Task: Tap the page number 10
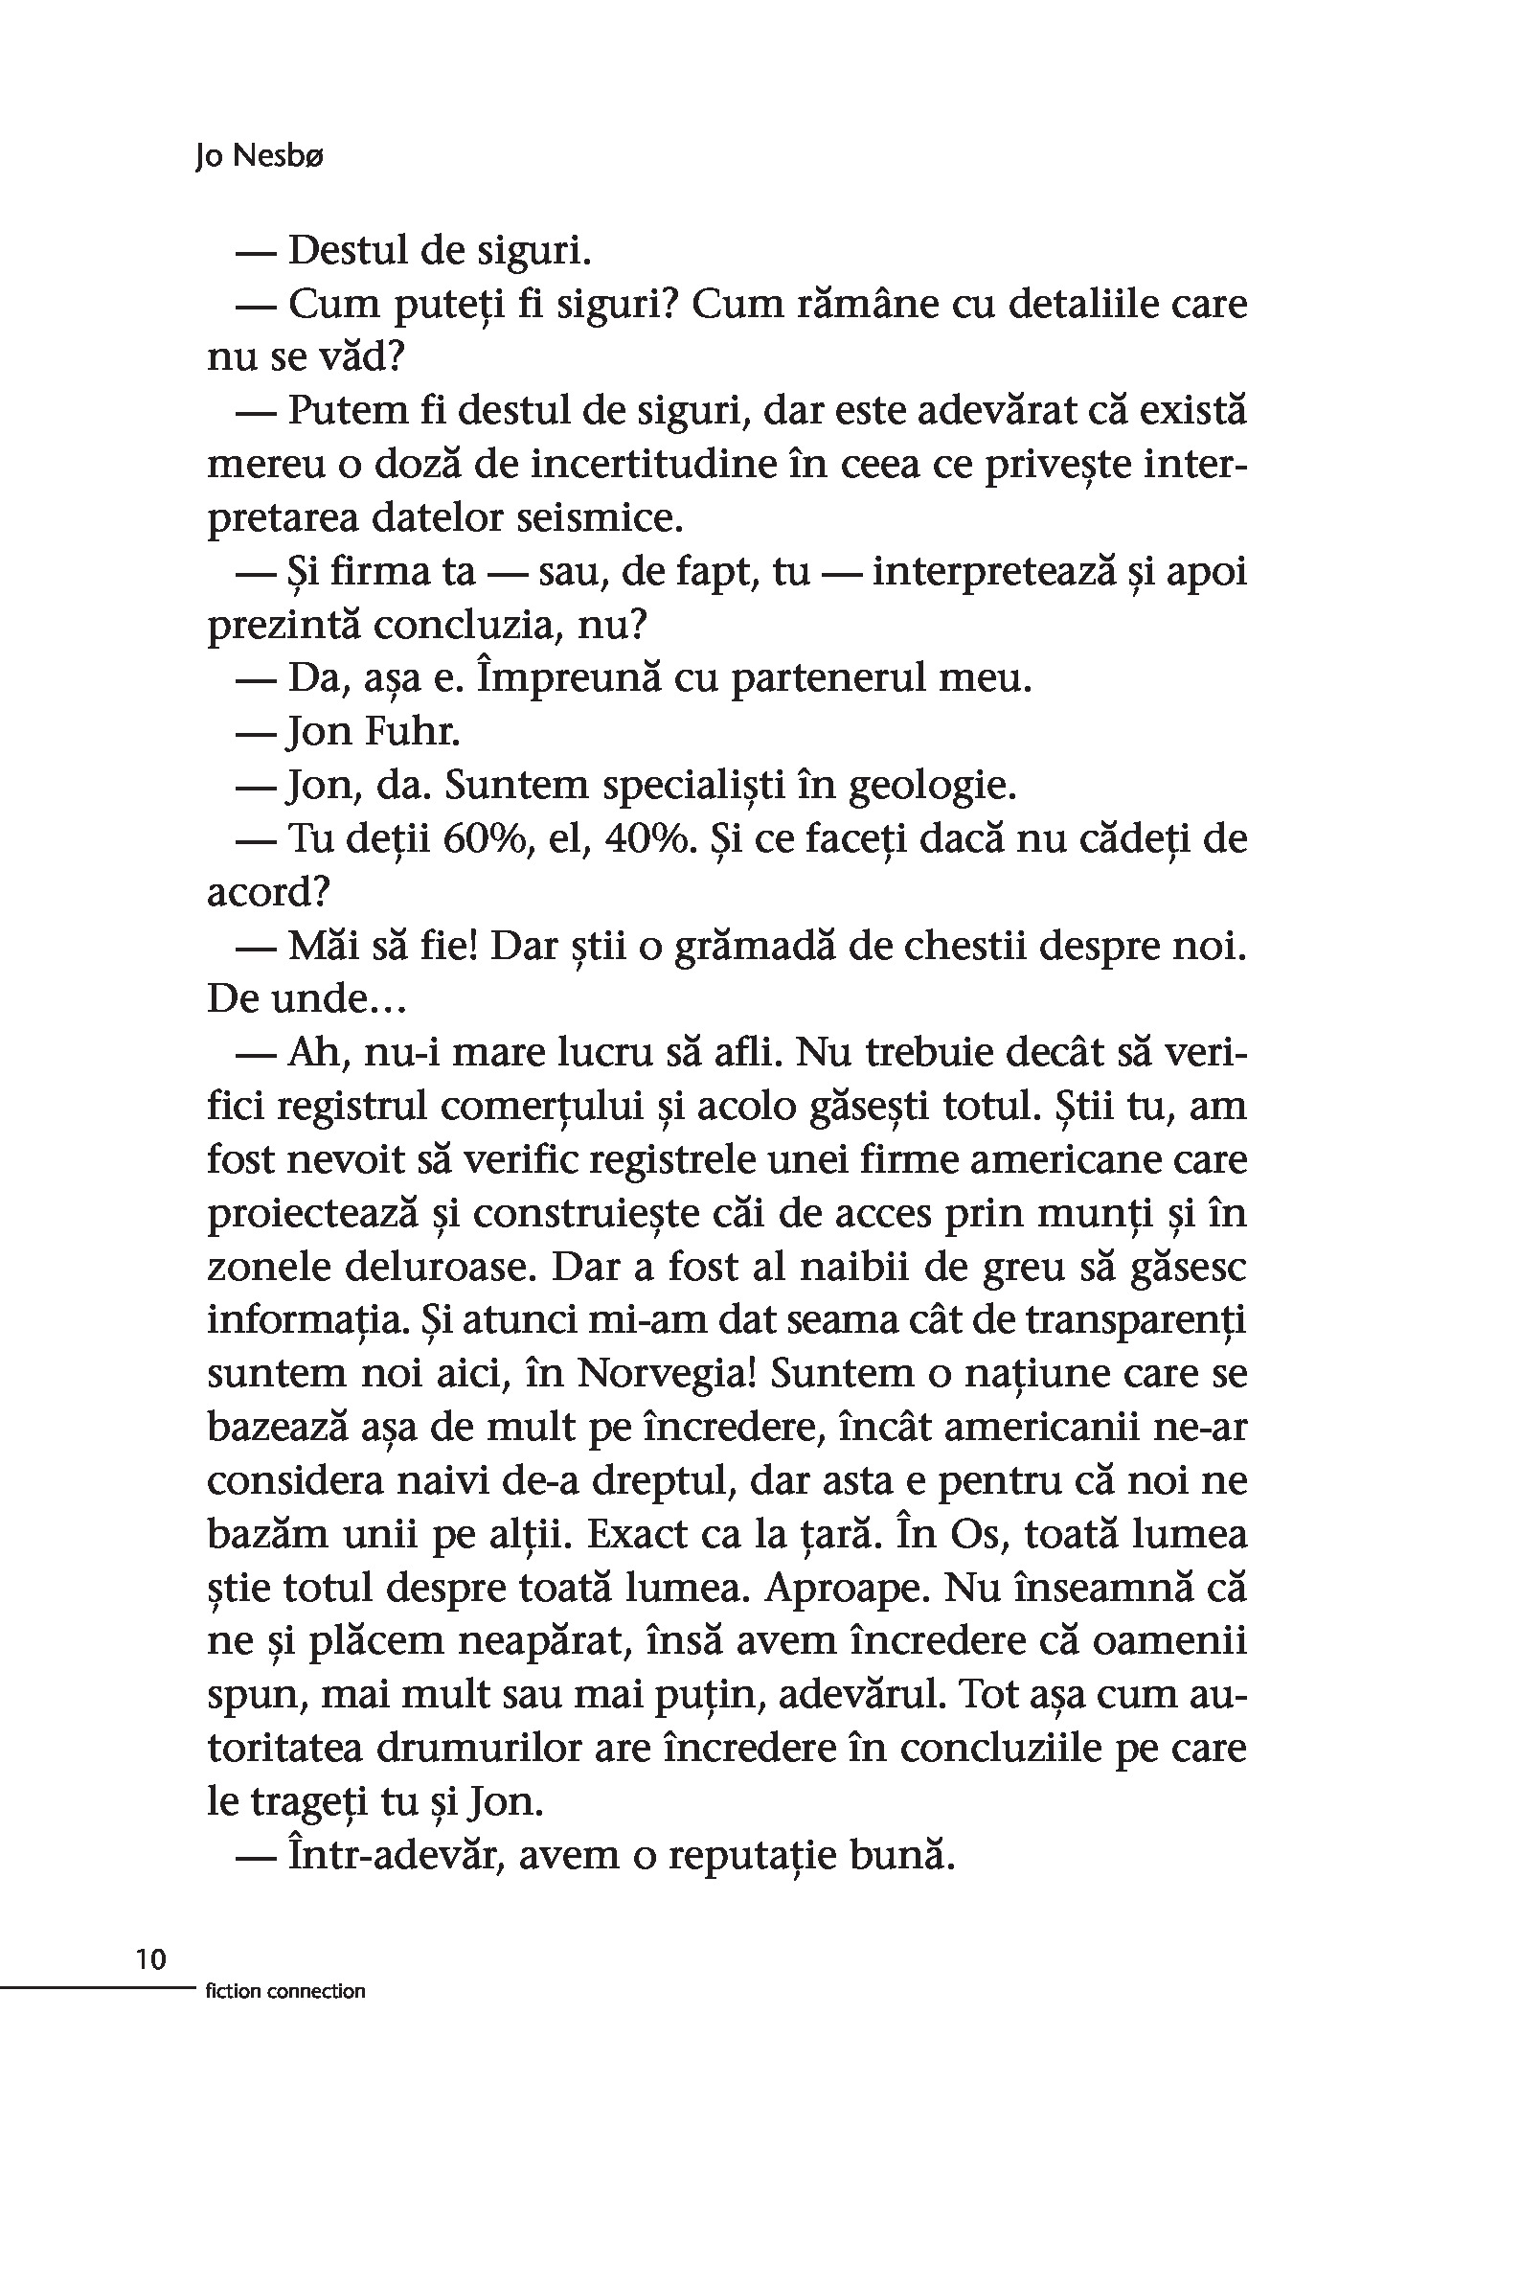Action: point(151,1959)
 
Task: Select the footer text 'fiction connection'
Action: point(285,1991)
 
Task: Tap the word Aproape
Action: point(843,1587)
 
